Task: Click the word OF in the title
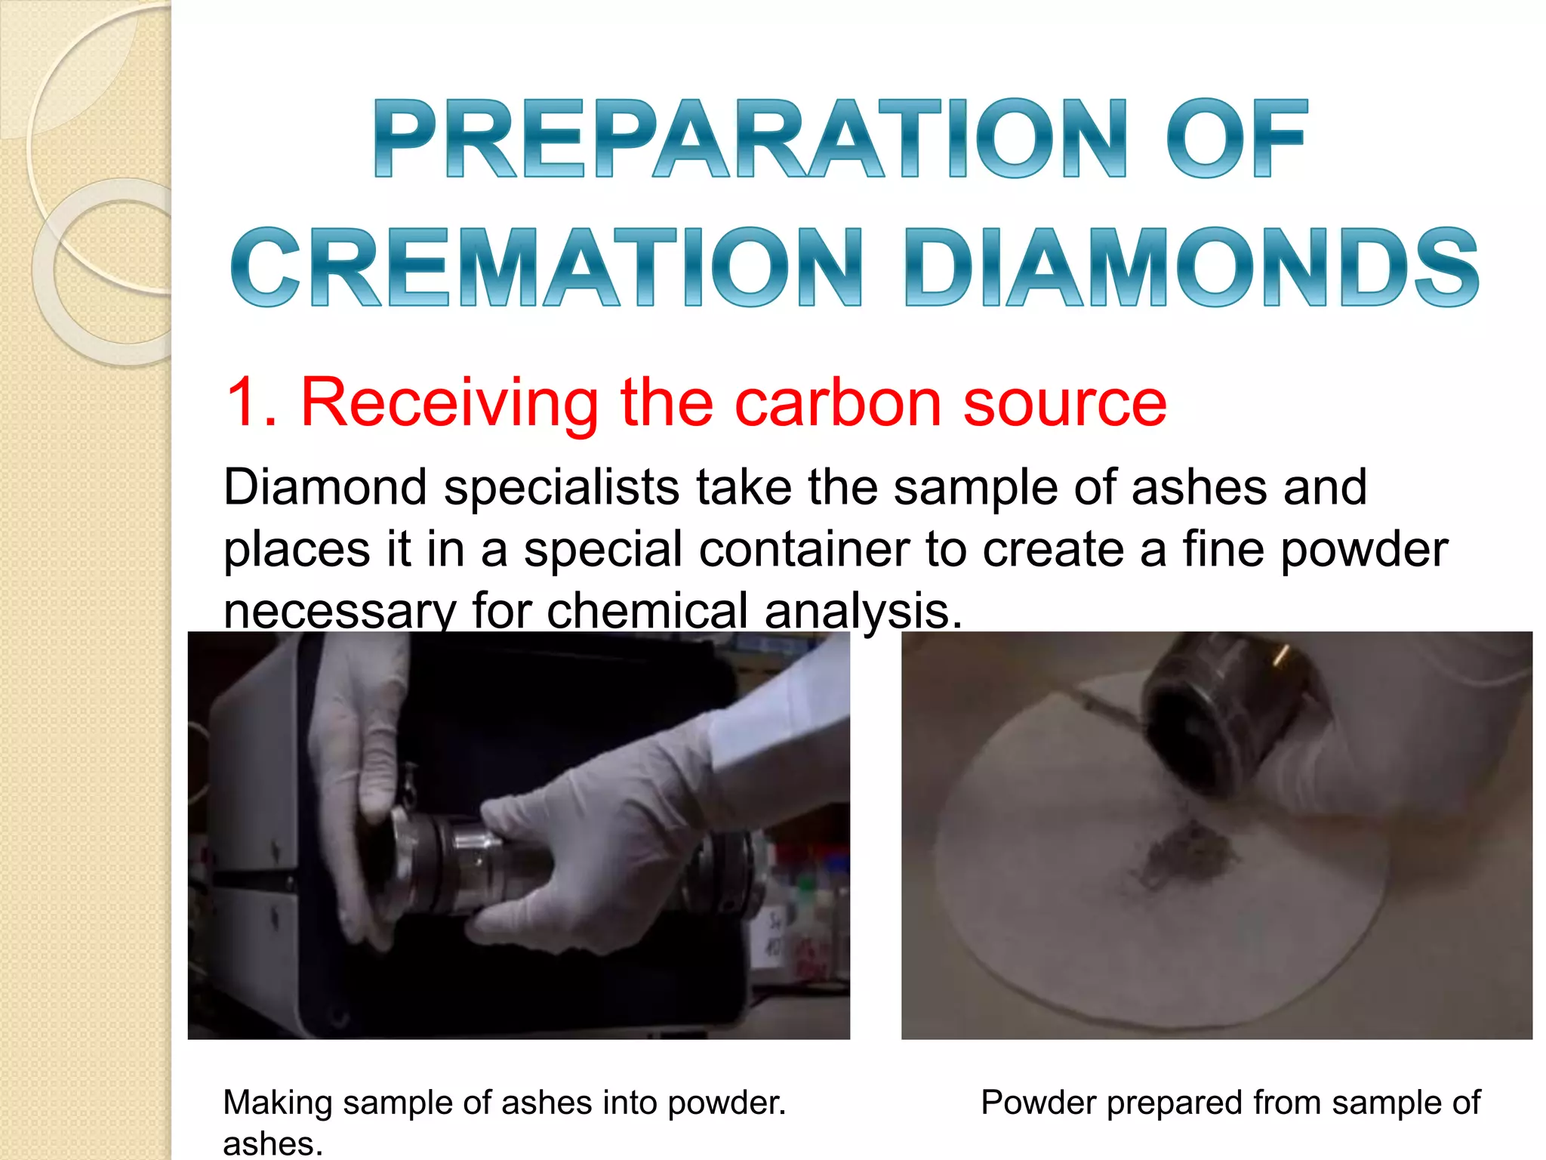[1236, 139]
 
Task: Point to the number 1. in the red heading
[251, 403]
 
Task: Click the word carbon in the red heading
[839, 403]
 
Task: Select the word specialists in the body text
[562, 487]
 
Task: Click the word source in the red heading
[1064, 403]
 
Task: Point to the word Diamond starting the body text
[325, 487]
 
